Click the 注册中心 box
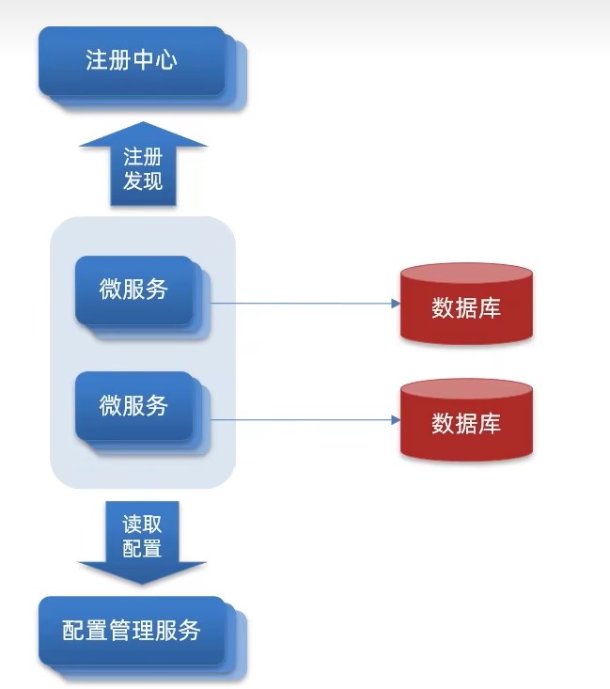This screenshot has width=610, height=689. pos(132,61)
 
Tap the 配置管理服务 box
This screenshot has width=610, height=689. pos(132,630)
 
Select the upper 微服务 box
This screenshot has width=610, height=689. pos(133,290)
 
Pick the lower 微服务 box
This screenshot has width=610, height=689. pos(133,405)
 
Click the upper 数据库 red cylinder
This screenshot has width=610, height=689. pos(466,306)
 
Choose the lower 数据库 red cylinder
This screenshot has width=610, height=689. pos(466,422)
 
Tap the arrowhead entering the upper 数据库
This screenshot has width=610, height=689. pos(394,304)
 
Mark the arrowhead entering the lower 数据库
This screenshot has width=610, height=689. pos(394,419)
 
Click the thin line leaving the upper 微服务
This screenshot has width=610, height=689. pos(301,304)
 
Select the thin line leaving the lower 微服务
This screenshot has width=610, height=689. pos(301,419)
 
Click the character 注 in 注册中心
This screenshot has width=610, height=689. pos(97,61)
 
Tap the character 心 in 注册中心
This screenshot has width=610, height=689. pos(166,61)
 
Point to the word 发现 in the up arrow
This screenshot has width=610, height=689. pos(143,180)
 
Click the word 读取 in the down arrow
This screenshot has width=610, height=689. pos(143,524)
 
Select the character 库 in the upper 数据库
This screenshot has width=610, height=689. pos(490,307)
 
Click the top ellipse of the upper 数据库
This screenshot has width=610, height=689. pos(466,275)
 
